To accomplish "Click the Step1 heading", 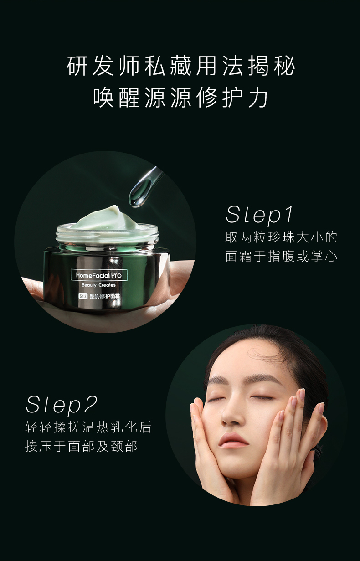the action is click(259, 215).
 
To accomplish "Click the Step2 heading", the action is click(62, 405).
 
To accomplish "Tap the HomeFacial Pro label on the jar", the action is click(99, 275).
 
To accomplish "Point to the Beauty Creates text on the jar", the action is click(98, 285).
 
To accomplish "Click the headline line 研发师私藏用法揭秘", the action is click(181, 66).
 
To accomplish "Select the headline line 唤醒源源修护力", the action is click(181, 98).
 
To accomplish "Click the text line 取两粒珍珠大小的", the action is click(281, 237).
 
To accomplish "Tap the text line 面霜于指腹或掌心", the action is click(281, 256).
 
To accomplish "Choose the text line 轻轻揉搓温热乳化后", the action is click(88, 427).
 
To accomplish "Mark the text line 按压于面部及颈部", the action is click(82, 447).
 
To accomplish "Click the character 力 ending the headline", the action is click(258, 98).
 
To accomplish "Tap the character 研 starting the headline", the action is click(77, 66).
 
